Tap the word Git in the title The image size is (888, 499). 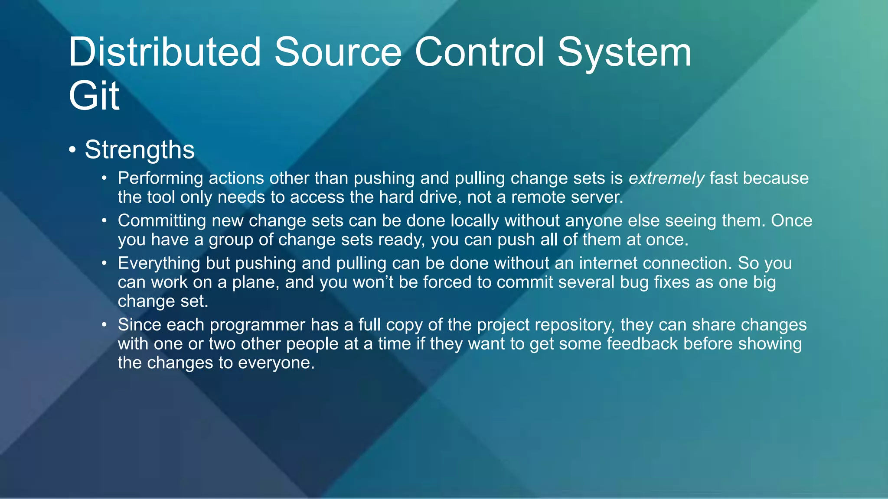pyautogui.click(x=94, y=96)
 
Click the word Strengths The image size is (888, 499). pyautogui.click(x=140, y=150)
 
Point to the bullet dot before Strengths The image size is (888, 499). pyautogui.click(x=72, y=150)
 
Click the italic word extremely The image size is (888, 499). pyautogui.click(x=666, y=178)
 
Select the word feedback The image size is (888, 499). pyautogui.click(x=642, y=344)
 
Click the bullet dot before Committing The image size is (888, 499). pyautogui.click(x=104, y=221)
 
